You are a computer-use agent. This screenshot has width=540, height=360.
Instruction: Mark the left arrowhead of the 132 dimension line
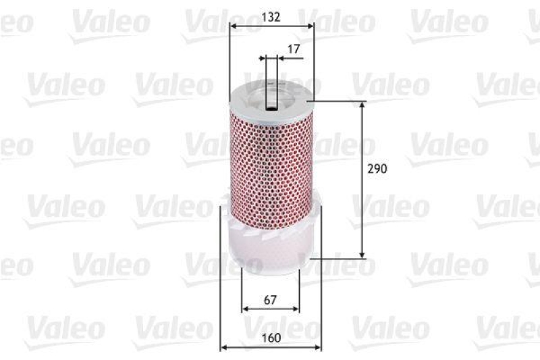click(x=233, y=26)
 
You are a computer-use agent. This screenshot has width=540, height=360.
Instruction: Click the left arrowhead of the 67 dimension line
click(x=245, y=308)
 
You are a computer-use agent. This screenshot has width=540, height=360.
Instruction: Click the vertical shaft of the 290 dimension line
click(x=363, y=203)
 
